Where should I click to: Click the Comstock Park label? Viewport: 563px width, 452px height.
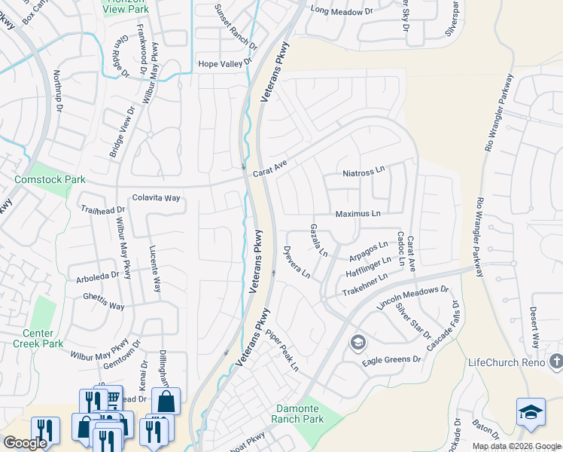50,179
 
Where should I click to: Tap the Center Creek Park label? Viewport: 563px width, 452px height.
38,338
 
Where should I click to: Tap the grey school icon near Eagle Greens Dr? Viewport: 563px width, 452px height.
357,344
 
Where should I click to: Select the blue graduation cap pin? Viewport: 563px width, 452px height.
531,412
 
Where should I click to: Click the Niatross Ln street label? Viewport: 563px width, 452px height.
364,172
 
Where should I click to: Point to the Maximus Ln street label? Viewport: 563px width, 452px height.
358,214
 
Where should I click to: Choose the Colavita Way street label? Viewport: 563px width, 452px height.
157,198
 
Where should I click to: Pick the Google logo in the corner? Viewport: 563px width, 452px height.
25,443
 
